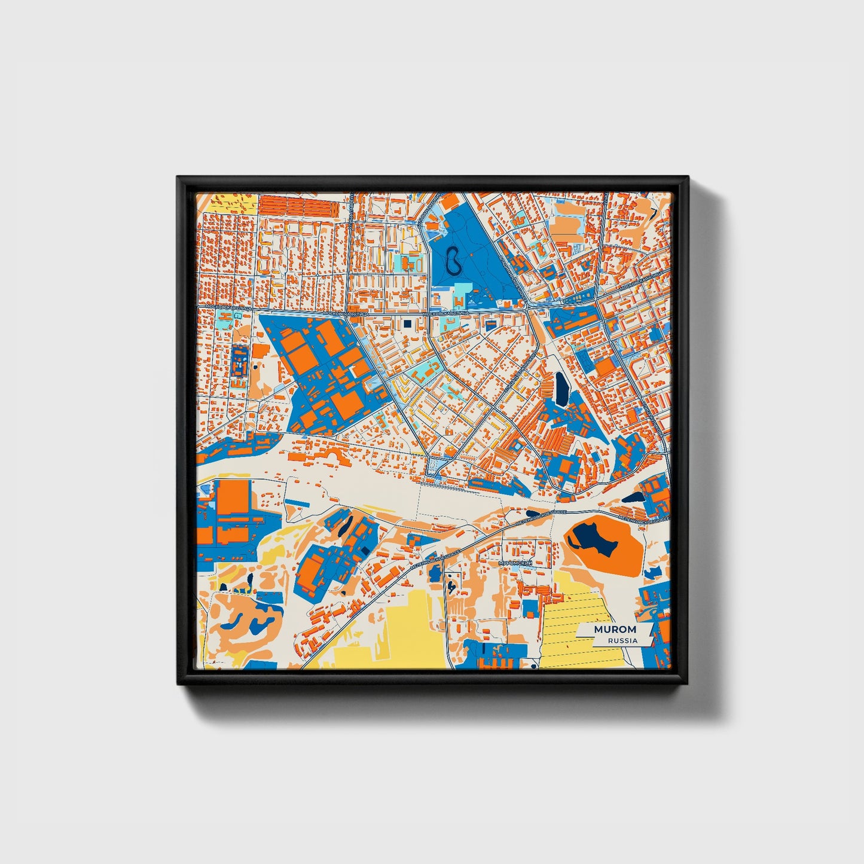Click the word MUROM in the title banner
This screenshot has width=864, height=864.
(615, 630)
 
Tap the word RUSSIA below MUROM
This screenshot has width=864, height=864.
(622, 640)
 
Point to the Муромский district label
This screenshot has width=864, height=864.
(515, 563)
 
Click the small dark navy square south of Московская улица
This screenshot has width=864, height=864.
(408, 323)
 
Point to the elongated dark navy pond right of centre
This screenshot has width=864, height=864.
(561, 389)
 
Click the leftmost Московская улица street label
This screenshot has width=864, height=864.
(222, 307)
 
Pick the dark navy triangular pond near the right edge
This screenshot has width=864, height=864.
(633, 496)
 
